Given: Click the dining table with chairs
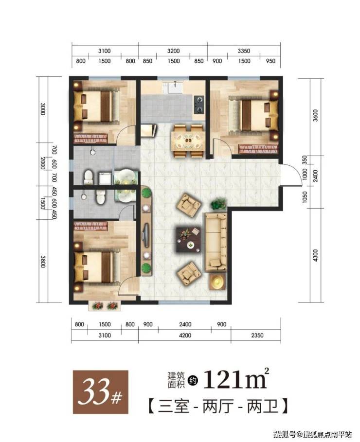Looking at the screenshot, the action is pos(188,141).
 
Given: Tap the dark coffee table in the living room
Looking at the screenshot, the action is pos(189,239).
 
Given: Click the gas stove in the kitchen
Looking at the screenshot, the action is pos(199,104).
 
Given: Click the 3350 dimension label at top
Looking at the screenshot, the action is pos(244,51).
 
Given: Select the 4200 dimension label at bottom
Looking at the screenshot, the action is pos(185,336).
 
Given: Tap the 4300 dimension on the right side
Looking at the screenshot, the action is pos(315,255).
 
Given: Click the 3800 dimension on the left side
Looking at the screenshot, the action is pos(43,262).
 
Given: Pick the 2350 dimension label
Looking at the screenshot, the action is pos(257,336).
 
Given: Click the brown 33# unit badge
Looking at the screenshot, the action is pos(101,392).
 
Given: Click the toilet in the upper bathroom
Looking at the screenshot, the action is pos(89,177).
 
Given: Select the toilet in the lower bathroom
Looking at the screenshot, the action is pos(101,196).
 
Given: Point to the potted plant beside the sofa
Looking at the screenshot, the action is pos(218,204).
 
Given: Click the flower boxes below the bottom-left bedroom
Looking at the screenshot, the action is pos(105,306).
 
